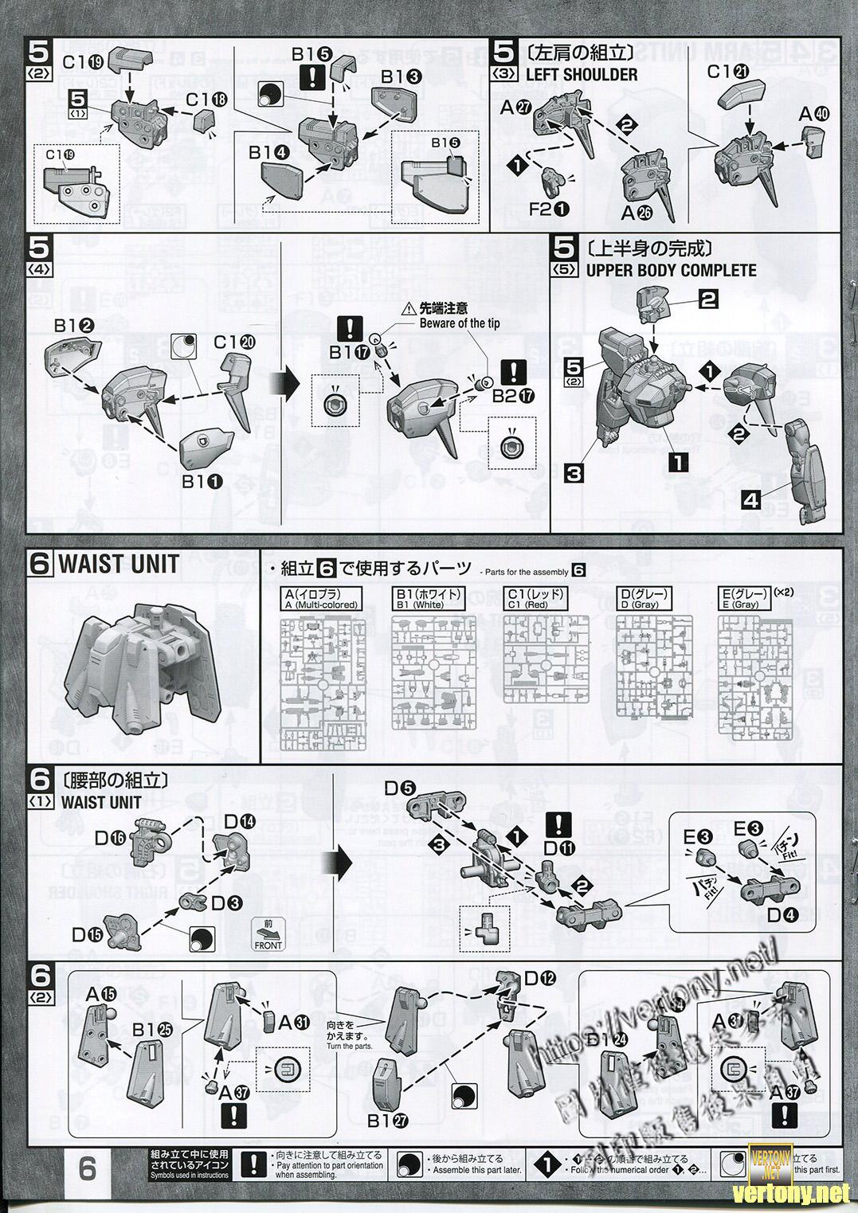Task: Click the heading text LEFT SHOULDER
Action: click(x=581, y=74)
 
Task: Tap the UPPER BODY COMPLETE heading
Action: click(x=671, y=270)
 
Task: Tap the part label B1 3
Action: click(x=401, y=76)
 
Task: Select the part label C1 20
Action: click(x=234, y=341)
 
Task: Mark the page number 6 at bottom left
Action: click(x=88, y=1169)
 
